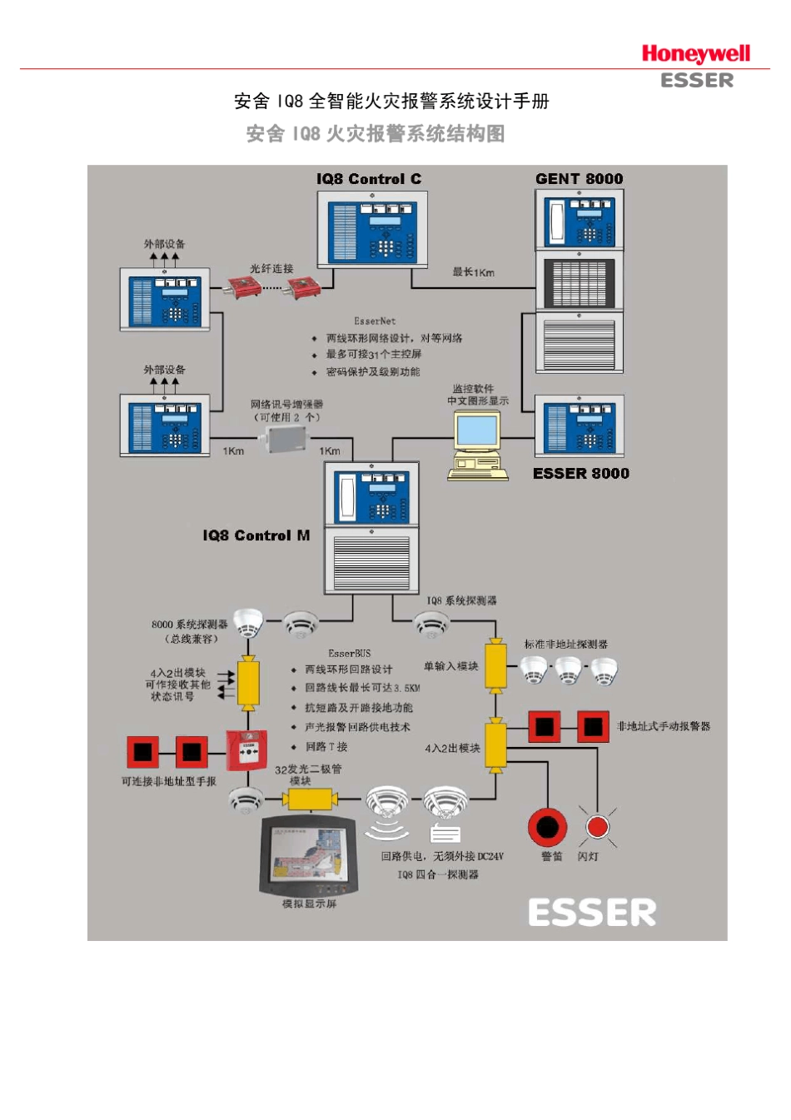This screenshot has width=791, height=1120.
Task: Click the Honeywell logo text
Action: pos(695,54)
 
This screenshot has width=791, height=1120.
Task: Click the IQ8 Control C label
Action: pos(368,179)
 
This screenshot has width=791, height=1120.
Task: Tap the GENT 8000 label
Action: pos(579,179)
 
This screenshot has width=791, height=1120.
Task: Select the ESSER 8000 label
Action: pos(580,474)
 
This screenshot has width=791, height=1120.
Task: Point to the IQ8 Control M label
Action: pos(256,535)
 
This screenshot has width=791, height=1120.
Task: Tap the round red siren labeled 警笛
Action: pos(547,827)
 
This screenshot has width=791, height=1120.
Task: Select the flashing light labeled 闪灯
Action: pos(597,827)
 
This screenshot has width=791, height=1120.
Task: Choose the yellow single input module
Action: pos(495,666)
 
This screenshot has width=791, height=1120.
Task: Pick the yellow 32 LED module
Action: pos(310,800)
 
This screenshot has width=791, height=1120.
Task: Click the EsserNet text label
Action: pos(375,321)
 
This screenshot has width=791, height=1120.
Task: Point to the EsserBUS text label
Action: pos(350,654)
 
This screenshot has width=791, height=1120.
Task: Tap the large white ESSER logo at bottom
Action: pos(592,913)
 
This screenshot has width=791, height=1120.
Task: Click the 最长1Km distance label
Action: pos(473,272)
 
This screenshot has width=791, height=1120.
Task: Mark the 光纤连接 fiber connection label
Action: pos(271,269)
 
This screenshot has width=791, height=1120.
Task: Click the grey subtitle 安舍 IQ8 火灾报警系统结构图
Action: pos(376,134)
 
